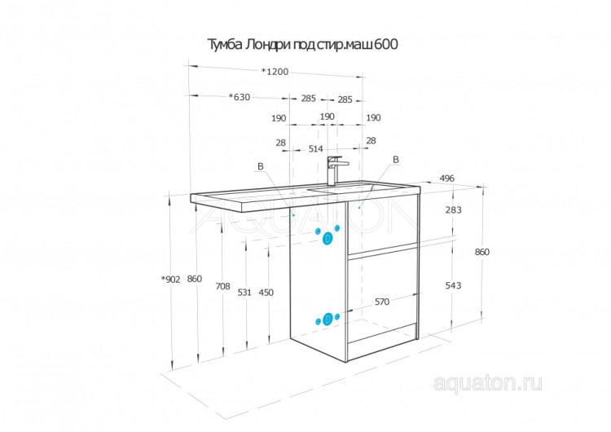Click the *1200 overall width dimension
275,72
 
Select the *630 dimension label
239,98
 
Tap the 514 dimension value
316,148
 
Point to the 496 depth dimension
446,179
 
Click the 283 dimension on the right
454,209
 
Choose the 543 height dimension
454,285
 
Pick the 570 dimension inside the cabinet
382,302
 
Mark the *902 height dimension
171,279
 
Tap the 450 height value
266,292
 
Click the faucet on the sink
334,170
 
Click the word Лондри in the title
256,44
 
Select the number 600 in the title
386,44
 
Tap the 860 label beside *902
194,279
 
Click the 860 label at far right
481,252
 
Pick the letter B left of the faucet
261,166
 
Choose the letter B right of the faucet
396,160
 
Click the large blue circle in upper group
327,239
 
